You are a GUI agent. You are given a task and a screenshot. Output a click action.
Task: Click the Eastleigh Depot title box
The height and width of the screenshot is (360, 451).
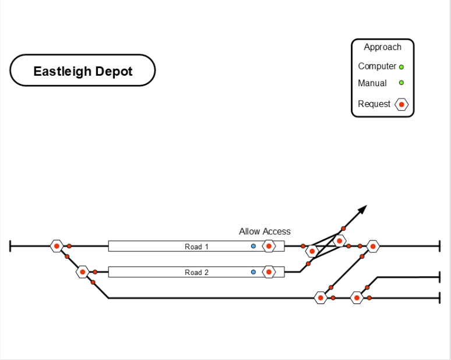coord(83,71)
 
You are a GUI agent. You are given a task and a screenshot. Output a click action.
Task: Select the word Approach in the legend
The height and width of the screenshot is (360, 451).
coord(382,47)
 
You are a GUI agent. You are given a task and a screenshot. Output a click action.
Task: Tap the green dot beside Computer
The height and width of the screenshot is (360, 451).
coord(401,67)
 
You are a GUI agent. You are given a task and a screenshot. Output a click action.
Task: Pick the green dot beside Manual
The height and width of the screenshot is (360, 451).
coord(401,83)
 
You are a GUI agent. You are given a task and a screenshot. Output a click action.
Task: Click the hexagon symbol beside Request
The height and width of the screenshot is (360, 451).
coord(401,104)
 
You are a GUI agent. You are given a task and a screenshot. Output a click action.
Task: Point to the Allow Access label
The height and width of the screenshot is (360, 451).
coord(265,231)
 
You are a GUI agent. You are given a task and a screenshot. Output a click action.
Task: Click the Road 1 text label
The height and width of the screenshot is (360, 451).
coord(196,246)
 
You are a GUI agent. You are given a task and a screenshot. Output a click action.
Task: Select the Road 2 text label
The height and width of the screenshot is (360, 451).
coord(196,272)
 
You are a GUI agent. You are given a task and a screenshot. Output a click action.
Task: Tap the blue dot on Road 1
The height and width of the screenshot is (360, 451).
coord(253,246)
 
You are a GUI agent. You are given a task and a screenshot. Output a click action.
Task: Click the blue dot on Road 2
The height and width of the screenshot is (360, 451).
coord(253,272)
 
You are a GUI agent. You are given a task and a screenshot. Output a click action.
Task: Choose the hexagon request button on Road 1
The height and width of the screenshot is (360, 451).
coord(269,246)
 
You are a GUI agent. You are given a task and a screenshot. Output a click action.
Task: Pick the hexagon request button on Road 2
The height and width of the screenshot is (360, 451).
coord(269,272)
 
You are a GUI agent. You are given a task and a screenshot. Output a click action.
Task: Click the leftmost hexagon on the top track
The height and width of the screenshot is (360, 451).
coord(57,246)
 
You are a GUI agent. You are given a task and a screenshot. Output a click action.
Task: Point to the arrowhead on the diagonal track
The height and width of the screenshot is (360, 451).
coord(363,209)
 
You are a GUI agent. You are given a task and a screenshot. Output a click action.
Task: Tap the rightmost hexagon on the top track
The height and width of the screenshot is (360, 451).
coord(373,246)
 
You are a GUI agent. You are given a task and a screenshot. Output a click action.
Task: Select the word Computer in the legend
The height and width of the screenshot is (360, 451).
coord(377,66)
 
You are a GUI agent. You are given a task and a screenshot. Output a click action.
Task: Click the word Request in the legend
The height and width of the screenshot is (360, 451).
coord(374,104)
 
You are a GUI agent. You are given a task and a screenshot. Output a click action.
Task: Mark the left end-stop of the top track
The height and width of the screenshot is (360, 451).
coord(10,246)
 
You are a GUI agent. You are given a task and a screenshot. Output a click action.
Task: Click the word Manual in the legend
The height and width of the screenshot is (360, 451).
coord(372,83)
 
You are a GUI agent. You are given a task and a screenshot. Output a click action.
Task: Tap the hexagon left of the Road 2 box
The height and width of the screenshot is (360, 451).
coord(83,272)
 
